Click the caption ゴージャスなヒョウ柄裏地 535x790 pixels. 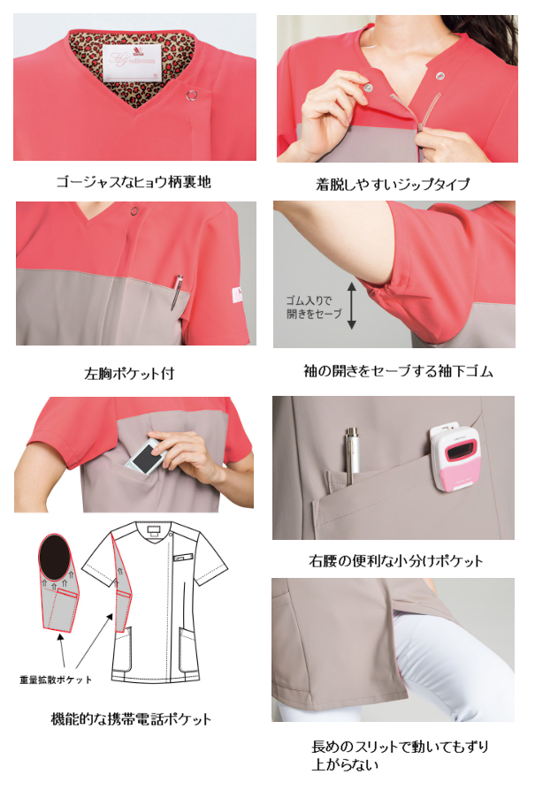coord(134,183)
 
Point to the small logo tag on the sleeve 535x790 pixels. coord(240,289)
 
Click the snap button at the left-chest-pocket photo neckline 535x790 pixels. coord(134,211)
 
